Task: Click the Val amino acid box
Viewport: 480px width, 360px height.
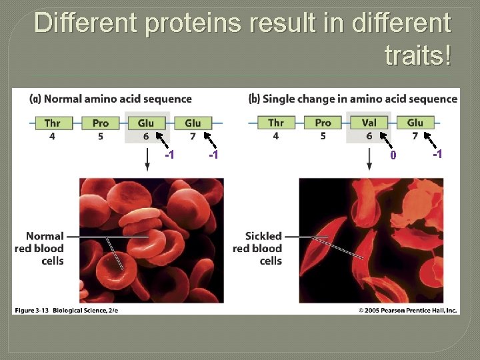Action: pos(369,123)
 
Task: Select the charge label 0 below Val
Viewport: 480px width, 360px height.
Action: pos(393,155)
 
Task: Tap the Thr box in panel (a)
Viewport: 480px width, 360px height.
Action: pos(52,123)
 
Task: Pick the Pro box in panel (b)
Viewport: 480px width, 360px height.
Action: pos(323,123)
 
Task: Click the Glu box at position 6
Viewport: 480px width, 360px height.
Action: pos(146,123)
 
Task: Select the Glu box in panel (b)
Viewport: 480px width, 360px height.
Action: pos(415,123)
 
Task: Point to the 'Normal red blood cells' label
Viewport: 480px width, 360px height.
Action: pos(39,248)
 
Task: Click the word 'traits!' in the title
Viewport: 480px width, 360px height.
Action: pos(417,55)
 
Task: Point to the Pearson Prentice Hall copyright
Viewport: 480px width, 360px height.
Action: pos(407,310)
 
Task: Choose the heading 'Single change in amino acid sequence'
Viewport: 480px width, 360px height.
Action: pos(353,99)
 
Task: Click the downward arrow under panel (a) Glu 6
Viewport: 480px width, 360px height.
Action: pos(147,159)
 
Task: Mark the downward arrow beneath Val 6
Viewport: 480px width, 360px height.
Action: pos(369,159)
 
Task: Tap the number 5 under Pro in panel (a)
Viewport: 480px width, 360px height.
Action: pos(101,137)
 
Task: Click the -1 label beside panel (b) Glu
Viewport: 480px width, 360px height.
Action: pos(437,155)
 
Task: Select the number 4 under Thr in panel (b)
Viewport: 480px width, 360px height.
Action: pos(276,137)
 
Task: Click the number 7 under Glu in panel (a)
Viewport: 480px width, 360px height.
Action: pos(193,137)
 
